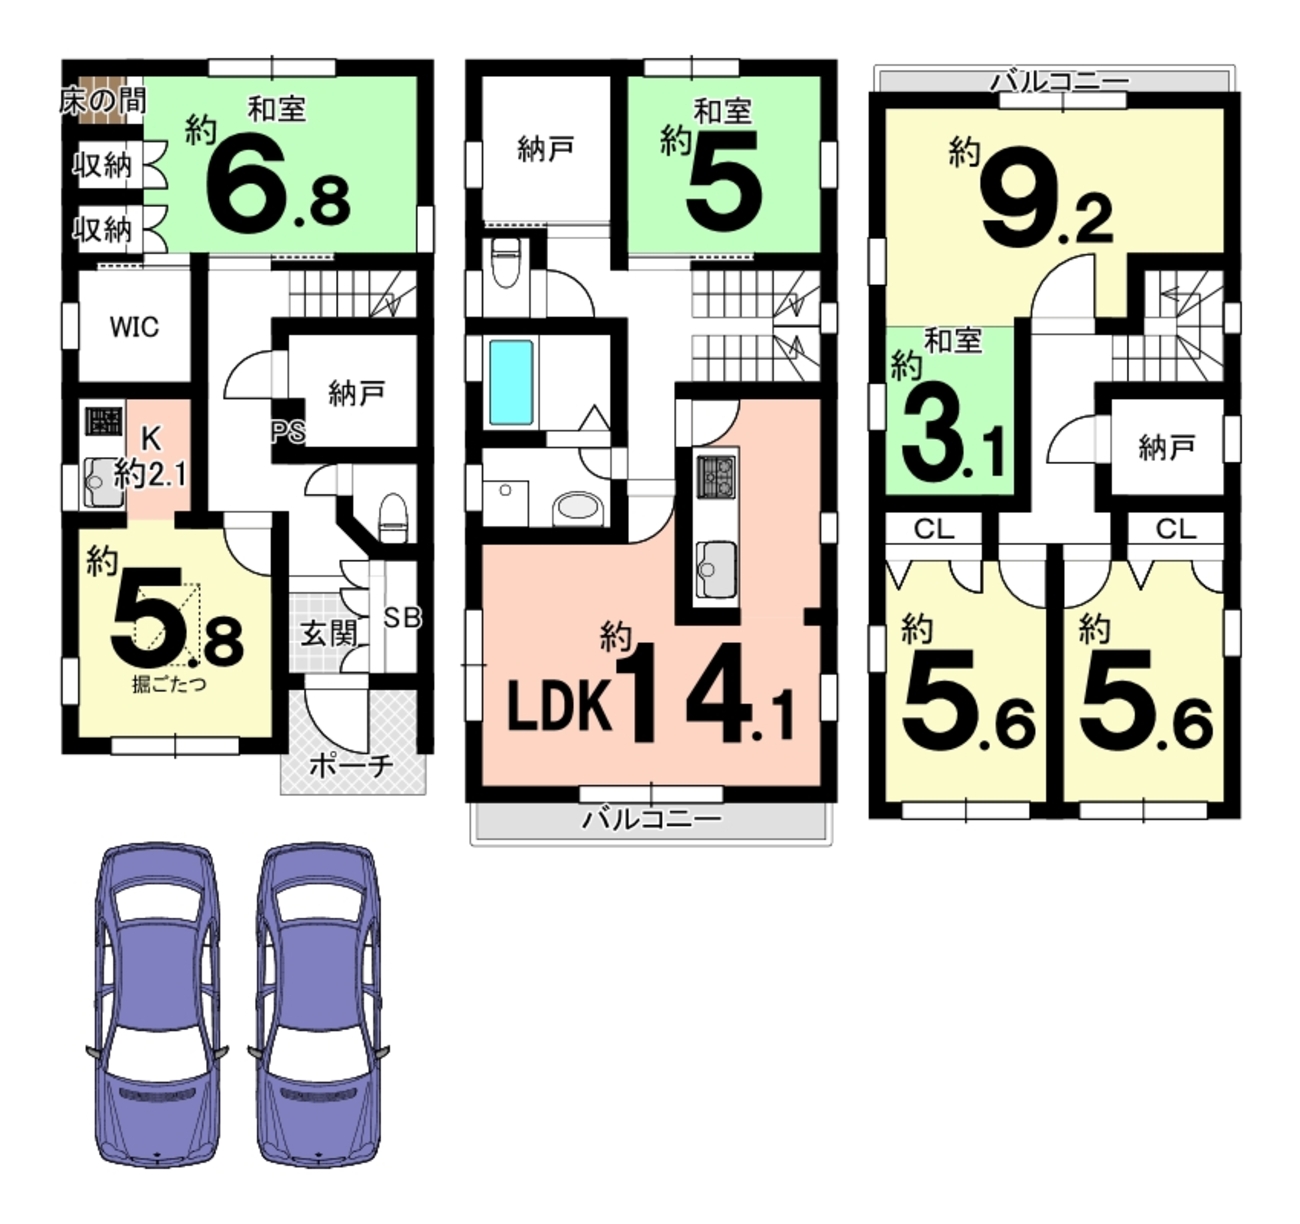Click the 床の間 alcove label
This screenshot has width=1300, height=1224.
(x=103, y=102)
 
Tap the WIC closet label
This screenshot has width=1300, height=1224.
(x=134, y=327)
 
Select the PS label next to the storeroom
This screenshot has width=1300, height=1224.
(x=289, y=432)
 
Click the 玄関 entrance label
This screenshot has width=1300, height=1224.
(x=329, y=633)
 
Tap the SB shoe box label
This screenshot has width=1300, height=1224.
(x=402, y=617)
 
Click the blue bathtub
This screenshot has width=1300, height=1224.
(x=511, y=382)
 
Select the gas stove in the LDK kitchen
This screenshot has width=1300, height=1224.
(x=717, y=476)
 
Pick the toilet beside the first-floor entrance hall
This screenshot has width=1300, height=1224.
(x=393, y=517)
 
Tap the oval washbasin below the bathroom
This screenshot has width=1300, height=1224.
(x=577, y=508)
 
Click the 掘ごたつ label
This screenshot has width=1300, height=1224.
(x=169, y=685)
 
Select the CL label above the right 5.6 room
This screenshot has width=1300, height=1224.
(x=1176, y=529)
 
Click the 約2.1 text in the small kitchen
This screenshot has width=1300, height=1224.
(x=151, y=473)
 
